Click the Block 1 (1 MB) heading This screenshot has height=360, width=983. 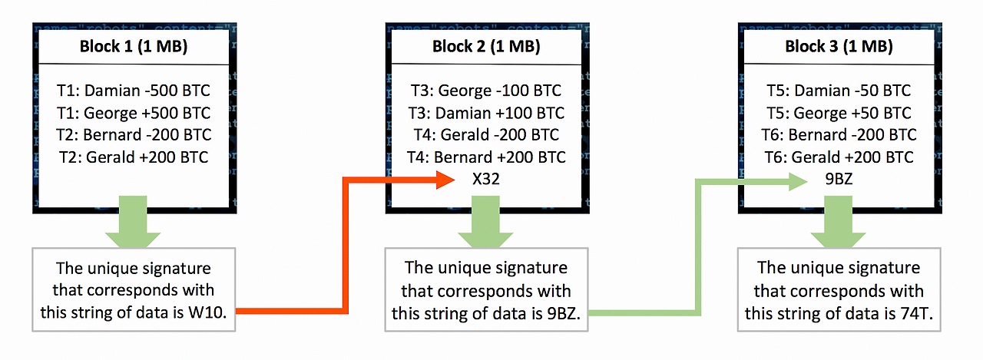point(134,47)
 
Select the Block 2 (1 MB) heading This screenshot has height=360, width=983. point(486,47)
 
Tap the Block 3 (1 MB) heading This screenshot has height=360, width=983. point(839,47)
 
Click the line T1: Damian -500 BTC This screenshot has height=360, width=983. point(134,91)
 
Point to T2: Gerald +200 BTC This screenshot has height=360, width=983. point(134,157)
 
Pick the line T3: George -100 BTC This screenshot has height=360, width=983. point(486,91)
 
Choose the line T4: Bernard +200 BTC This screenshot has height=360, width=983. point(486,157)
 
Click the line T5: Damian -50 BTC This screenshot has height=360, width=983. point(839,91)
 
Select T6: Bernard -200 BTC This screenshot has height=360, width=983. point(839,134)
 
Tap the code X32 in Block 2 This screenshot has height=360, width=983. point(486,179)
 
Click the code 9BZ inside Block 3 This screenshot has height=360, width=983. point(839,179)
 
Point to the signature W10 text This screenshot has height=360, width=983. point(207,312)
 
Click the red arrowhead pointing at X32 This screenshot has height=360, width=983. point(445,180)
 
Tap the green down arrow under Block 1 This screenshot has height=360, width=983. point(133,221)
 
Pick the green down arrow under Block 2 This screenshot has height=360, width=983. point(485,221)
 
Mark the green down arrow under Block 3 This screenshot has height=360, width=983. point(838,221)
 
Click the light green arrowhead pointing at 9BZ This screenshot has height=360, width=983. point(798,181)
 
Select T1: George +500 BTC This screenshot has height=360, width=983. point(134,113)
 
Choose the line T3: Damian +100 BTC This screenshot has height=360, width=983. point(486,113)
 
